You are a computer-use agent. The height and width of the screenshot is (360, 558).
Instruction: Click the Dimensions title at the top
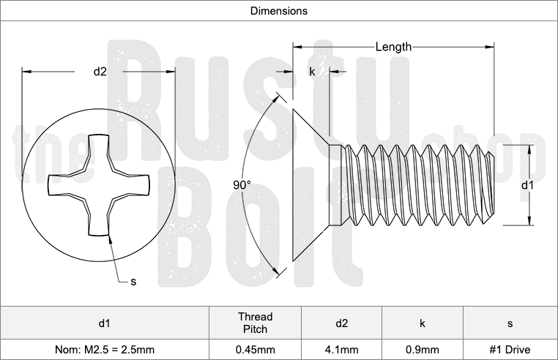[x=278, y=11]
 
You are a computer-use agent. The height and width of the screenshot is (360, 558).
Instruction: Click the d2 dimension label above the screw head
[x=100, y=71]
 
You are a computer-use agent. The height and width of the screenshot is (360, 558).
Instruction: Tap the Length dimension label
[x=393, y=47]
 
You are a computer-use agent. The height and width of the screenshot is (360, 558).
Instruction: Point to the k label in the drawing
[x=312, y=72]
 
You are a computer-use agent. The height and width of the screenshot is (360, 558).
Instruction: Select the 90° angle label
[x=242, y=186]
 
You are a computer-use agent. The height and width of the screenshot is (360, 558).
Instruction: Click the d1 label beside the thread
[x=527, y=186]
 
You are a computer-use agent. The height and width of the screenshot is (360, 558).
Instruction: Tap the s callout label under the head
[x=133, y=281]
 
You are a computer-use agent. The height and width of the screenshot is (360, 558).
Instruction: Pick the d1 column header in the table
[x=104, y=323]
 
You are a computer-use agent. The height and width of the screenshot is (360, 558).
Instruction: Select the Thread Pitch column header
[x=255, y=323]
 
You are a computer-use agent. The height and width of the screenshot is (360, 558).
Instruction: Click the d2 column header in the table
[x=341, y=323]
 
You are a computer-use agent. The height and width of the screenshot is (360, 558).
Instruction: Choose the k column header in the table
[x=423, y=323]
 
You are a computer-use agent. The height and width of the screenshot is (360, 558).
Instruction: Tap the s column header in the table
[x=510, y=323]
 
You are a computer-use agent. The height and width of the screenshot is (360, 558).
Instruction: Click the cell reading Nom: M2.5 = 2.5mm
[x=104, y=350]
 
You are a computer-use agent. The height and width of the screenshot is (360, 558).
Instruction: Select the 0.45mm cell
[x=255, y=350]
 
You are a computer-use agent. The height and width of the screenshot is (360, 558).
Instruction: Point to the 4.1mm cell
[x=341, y=350]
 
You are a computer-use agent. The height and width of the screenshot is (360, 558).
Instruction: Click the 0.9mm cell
[x=423, y=350]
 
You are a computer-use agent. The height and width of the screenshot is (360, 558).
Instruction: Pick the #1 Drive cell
[x=510, y=350]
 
